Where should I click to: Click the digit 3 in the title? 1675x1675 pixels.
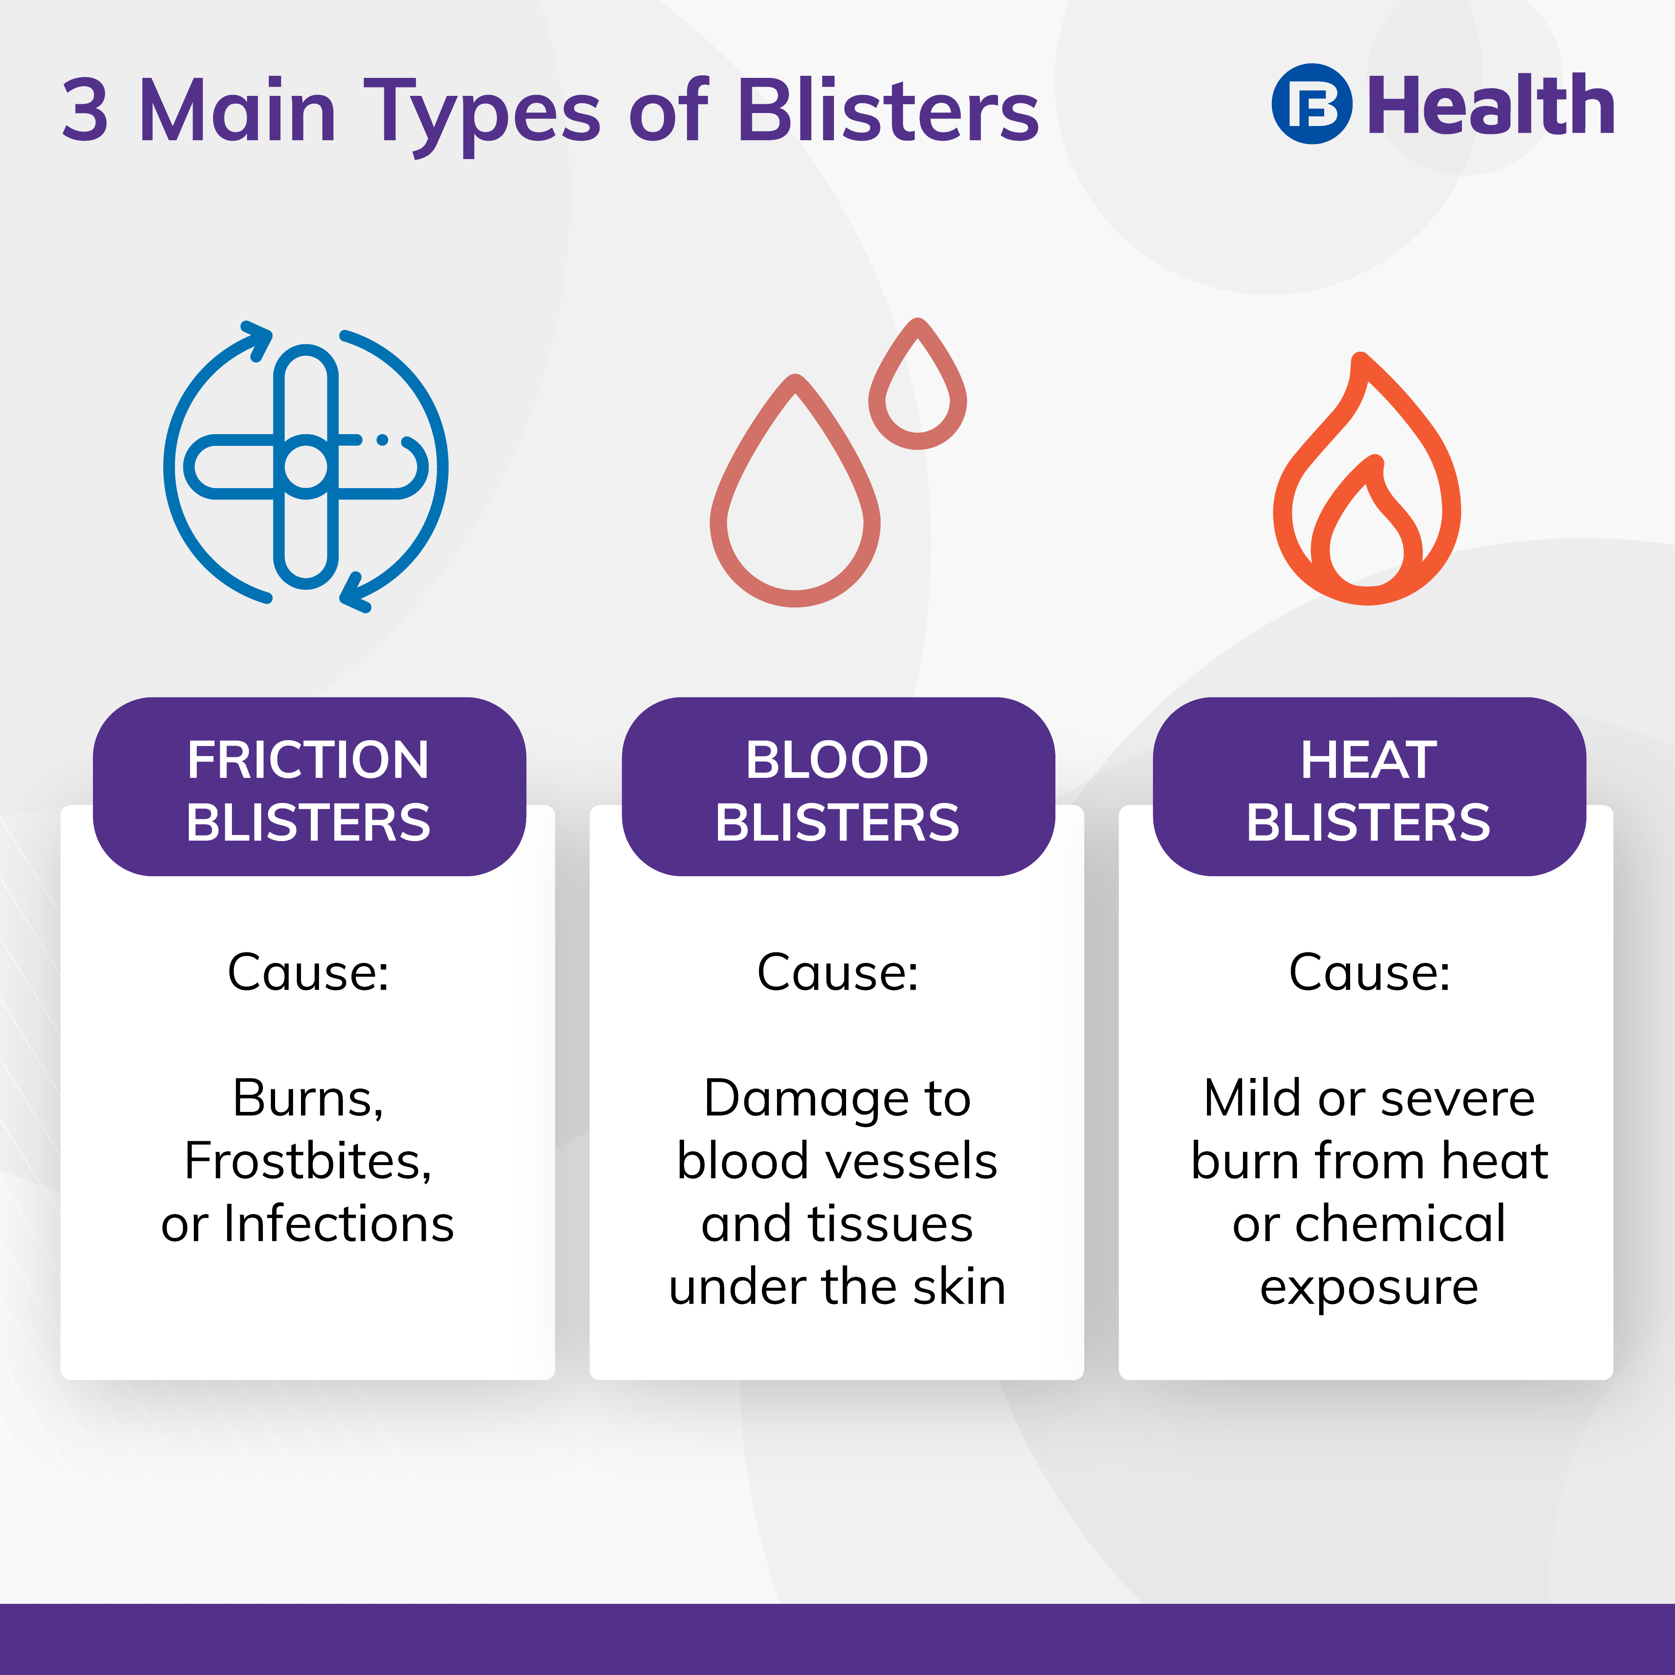click(85, 110)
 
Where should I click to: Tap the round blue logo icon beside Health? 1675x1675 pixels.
click(1312, 104)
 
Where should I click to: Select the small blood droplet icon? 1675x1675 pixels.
click(917, 384)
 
